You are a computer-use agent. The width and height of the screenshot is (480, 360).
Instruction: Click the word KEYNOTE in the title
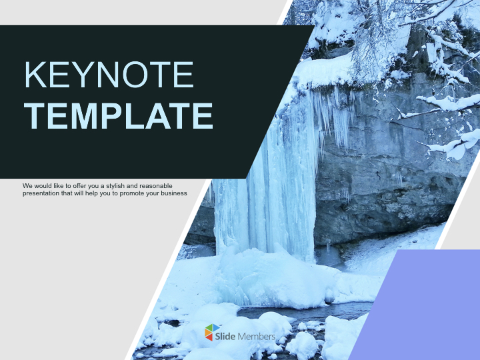[x=109, y=75]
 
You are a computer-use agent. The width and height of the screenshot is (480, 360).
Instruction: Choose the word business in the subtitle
[x=173, y=193]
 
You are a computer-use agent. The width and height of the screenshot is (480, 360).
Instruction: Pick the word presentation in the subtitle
[x=41, y=193]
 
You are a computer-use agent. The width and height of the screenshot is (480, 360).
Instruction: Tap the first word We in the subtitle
[x=27, y=185]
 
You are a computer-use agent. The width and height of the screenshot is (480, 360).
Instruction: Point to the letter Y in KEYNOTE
[x=83, y=75]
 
